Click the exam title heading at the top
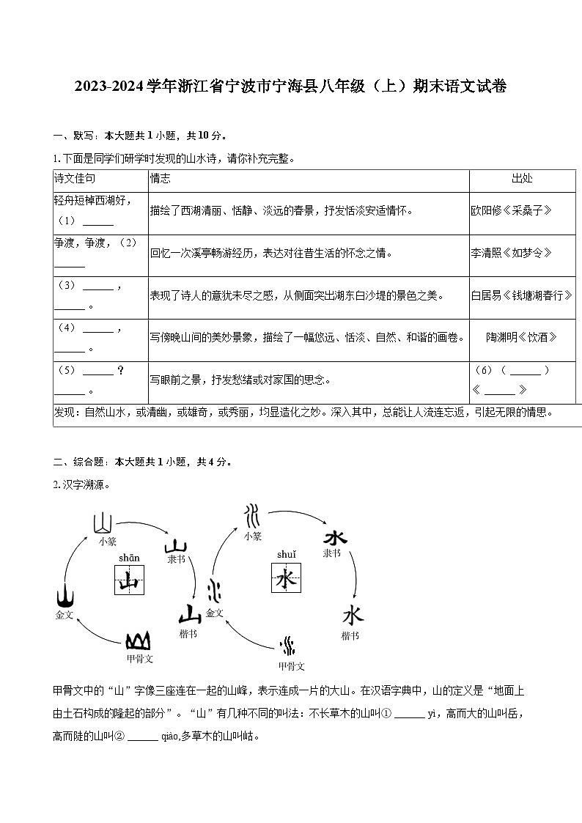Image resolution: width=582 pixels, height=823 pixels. [x=290, y=86]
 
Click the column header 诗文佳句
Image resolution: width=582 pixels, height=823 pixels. [x=75, y=179]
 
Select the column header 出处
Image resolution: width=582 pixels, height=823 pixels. [x=522, y=179]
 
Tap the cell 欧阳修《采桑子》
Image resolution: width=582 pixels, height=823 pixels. [x=511, y=211]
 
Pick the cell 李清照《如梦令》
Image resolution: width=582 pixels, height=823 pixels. [x=511, y=253]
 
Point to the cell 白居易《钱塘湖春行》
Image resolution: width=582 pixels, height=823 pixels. [x=522, y=295]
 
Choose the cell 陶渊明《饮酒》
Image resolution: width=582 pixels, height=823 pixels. [x=522, y=337]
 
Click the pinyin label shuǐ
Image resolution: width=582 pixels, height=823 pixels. [x=286, y=555]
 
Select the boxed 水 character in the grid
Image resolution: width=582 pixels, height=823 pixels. [x=286, y=579]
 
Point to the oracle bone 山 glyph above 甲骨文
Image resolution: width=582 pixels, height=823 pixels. [x=139, y=641]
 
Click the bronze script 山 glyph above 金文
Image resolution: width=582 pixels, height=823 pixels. [x=65, y=596]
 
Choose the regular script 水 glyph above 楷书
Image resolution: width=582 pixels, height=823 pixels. [x=352, y=614]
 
